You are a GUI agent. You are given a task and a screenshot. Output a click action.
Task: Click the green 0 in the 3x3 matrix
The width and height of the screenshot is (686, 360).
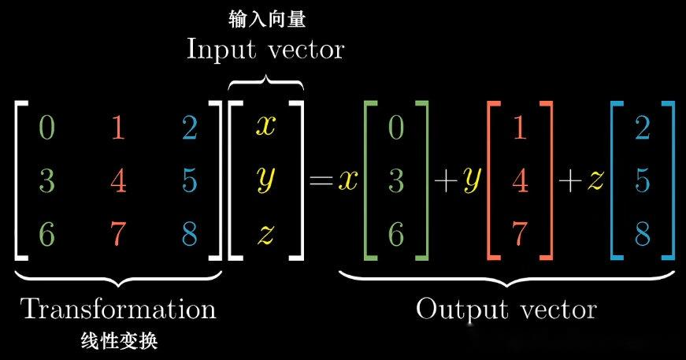[47, 128]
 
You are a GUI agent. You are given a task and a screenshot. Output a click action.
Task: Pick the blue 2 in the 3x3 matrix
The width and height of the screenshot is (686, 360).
[189, 128]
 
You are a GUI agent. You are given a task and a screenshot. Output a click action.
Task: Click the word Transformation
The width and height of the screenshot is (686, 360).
[118, 308]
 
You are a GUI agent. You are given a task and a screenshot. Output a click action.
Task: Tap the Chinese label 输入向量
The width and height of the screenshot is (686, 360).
[265, 17]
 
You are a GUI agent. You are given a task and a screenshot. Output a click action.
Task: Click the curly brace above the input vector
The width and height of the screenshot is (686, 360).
[265, 81]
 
